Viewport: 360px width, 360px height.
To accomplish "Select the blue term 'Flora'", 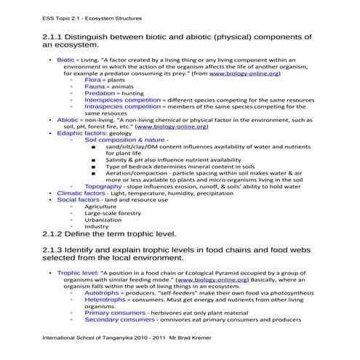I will coord(92,80).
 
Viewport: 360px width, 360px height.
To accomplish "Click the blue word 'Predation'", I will coord(100,93).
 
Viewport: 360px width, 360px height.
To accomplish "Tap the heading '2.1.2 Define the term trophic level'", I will coord(109,234).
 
